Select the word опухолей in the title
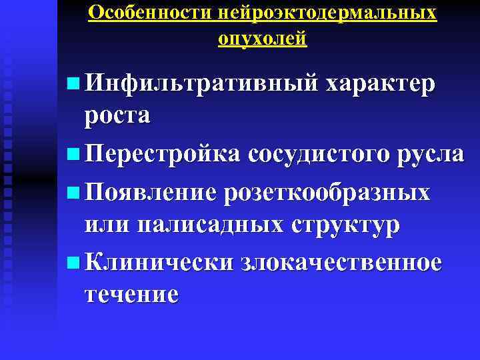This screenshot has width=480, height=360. tap(263, 39)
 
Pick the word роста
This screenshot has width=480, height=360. tap(117, 115)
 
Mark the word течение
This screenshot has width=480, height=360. tap(131, 293)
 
